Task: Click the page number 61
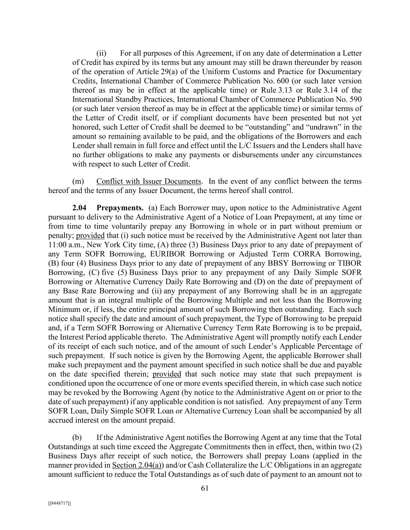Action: click(205, 488)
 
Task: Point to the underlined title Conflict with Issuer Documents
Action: click(149, 181)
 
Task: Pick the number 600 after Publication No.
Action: click(355, 81)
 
